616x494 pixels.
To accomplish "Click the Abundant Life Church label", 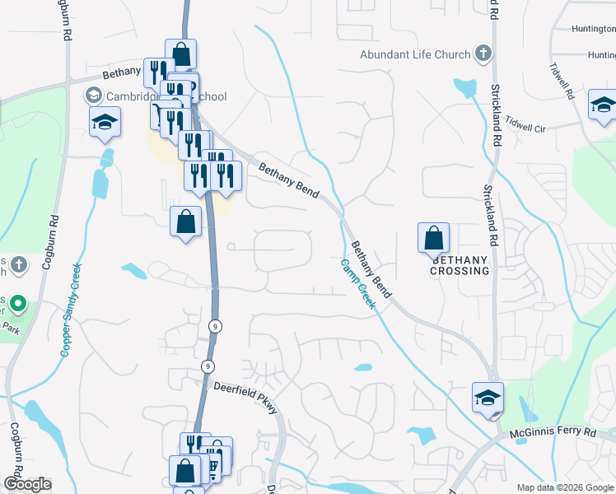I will (x=415, y=55).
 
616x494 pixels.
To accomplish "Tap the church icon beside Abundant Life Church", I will (x=483, y=55).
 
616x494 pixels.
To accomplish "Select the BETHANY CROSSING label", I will (x=460, y=264).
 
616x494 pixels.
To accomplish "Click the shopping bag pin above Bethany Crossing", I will (x=433, y=240).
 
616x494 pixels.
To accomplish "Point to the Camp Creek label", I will (x=359, y=284).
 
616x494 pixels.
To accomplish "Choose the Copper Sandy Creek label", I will (x=72, y=309).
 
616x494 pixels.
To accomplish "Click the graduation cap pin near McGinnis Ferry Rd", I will (x=488, y=398).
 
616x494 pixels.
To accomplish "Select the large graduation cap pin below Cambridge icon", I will (x=105, y=123).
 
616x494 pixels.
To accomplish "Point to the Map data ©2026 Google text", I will (x=564, y=487).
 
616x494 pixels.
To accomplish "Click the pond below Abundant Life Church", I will (x=464, y=87).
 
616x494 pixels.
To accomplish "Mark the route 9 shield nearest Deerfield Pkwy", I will (x=208, y=366).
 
